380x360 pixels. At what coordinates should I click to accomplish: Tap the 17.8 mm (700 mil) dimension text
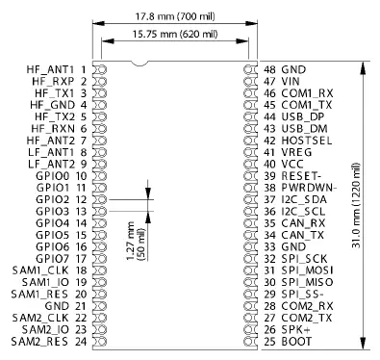coord(173,15)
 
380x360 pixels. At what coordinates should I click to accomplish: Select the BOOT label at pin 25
coord(294,342)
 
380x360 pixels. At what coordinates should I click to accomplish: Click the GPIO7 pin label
coord(53,259)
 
